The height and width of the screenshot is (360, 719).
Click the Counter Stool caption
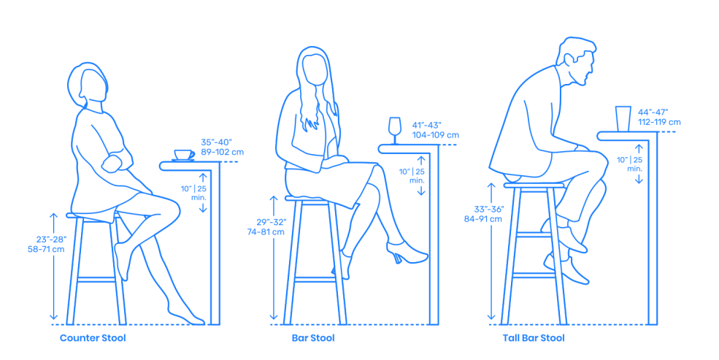coord(93,338)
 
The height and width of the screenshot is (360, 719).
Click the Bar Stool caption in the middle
coord(312,338)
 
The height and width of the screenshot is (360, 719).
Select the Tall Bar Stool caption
coord(533,338)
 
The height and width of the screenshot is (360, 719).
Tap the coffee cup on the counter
coord(183,155)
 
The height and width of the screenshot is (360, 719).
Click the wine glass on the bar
coord(395,129)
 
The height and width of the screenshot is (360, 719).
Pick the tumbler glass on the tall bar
coord(623,118)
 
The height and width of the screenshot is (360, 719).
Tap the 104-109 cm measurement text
coord(435,135)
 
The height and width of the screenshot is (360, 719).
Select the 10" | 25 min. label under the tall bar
coord(629,164)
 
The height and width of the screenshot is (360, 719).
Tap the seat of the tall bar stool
coord(534,185)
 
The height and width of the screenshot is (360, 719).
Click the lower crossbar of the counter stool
coord(97,280)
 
